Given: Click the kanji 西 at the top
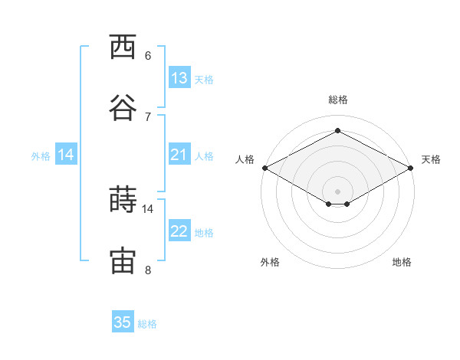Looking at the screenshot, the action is click(123, 47).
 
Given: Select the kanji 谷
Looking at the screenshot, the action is click(123, 107).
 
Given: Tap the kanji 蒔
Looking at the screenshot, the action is click(123, 199).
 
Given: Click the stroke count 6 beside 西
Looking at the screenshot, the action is click(148, 56).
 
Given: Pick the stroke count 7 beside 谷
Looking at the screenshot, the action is click(148, 117).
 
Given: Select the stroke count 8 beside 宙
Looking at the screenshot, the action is click(148, 270).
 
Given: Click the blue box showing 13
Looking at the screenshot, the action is click(179, 77).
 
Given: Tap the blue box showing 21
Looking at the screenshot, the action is click(179, 154).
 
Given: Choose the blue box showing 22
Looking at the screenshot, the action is click(179, 230).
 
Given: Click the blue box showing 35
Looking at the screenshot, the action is click(123, 321).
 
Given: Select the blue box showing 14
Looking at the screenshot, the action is click(66, 154).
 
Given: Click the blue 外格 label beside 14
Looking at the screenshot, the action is click(41, 156).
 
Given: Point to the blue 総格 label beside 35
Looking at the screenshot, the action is click(147, 324).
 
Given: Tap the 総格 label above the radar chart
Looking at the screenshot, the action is click(338, 100).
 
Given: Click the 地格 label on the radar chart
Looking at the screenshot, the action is click(402, 262).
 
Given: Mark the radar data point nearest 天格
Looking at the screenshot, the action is click(411, 168).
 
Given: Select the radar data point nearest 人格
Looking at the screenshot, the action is click(265, 168).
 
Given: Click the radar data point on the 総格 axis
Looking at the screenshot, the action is click(337, 130).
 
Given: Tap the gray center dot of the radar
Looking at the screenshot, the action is click(337, 191).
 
